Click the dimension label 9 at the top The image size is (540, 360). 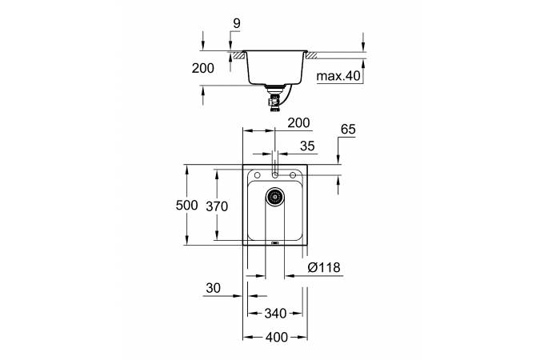click(237, 24)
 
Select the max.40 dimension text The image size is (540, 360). click(338, 76)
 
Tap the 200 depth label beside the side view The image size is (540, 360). click(203, 68)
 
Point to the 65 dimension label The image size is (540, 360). click(348, 129)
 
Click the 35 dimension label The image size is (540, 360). click(307, 146)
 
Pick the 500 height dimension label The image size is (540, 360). click(186, 205)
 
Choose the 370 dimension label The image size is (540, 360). click(217, 206)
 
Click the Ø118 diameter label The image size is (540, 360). click(324, 267)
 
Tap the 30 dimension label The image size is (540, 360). click(213, 288)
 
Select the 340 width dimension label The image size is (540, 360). click(275, 314)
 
